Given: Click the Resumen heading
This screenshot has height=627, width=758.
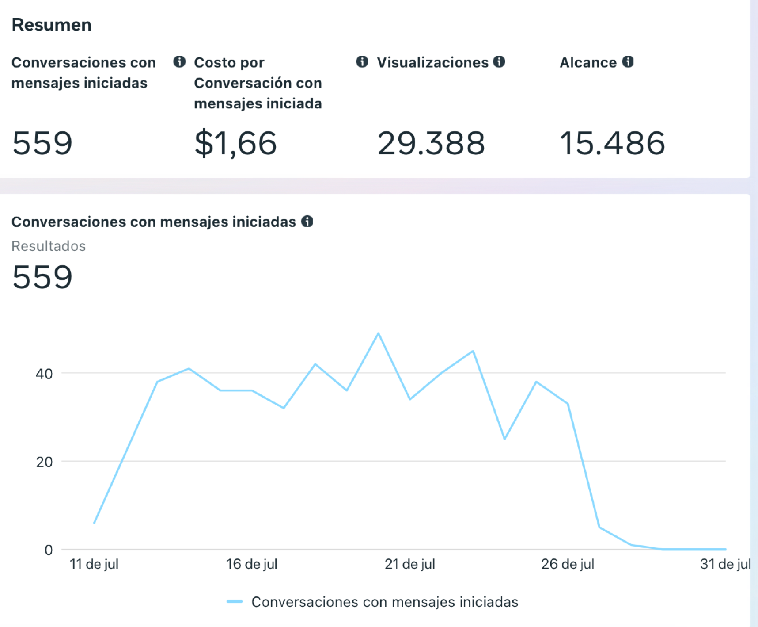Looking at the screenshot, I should (52, 25).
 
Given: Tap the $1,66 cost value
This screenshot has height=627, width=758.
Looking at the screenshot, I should (235, 143).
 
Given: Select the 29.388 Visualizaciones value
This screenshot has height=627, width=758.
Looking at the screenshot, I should (431, 143).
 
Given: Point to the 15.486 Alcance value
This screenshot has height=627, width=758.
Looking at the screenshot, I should (612, 143).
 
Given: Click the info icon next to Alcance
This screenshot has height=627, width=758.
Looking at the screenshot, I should (628, 62).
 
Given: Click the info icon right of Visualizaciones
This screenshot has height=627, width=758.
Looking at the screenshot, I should (499, 62).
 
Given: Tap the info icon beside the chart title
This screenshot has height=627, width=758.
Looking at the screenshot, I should (307, 221).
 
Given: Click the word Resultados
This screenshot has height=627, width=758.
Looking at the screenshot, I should (49, 246).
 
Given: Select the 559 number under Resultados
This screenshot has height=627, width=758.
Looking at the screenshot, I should (42, 277).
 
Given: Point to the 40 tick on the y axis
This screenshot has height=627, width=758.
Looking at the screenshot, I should (44, 374).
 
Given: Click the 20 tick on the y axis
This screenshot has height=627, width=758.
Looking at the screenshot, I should (44, 462).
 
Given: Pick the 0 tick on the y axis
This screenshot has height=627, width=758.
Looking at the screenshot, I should (48, 550).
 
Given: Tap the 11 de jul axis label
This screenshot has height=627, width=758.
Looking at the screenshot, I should (94, 564).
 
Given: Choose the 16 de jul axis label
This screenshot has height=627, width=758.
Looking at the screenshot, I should (252, 564).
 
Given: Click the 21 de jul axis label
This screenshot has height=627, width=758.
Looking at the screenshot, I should (410, 564).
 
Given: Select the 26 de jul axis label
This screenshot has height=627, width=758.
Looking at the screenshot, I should (568, 564).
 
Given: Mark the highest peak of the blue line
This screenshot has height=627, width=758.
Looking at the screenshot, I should (378, 333).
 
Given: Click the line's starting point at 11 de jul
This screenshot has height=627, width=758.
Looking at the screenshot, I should (95, 523).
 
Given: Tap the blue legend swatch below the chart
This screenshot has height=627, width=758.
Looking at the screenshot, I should (235, 601).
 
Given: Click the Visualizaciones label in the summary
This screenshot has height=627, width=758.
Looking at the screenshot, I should (432, 62).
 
